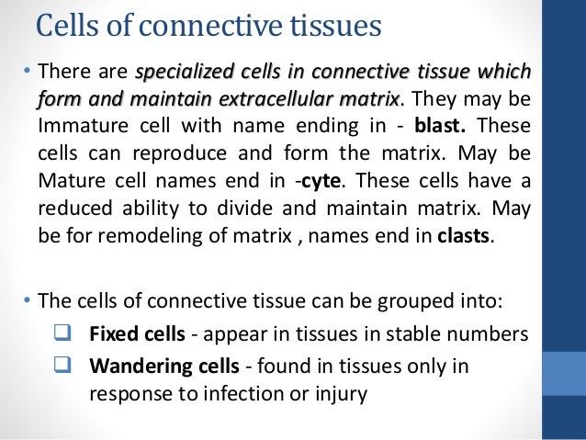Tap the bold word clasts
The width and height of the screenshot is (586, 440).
465,234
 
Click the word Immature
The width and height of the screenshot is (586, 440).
80,127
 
